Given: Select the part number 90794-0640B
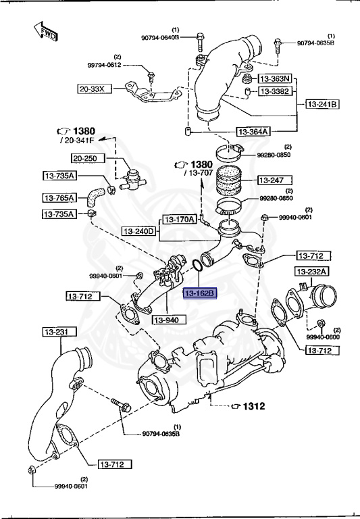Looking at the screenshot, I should click(x=159, y=38).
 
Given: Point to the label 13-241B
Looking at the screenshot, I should click(x=323, y=104).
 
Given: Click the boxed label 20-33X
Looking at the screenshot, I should click(x=92, y=89).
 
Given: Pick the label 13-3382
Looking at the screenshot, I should click(x=275, y=91).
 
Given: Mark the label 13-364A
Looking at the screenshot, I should click(x=253, y=131).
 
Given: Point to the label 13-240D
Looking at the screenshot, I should click(x=139, y=232).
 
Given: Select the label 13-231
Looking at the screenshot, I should click(x=59, y=332).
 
